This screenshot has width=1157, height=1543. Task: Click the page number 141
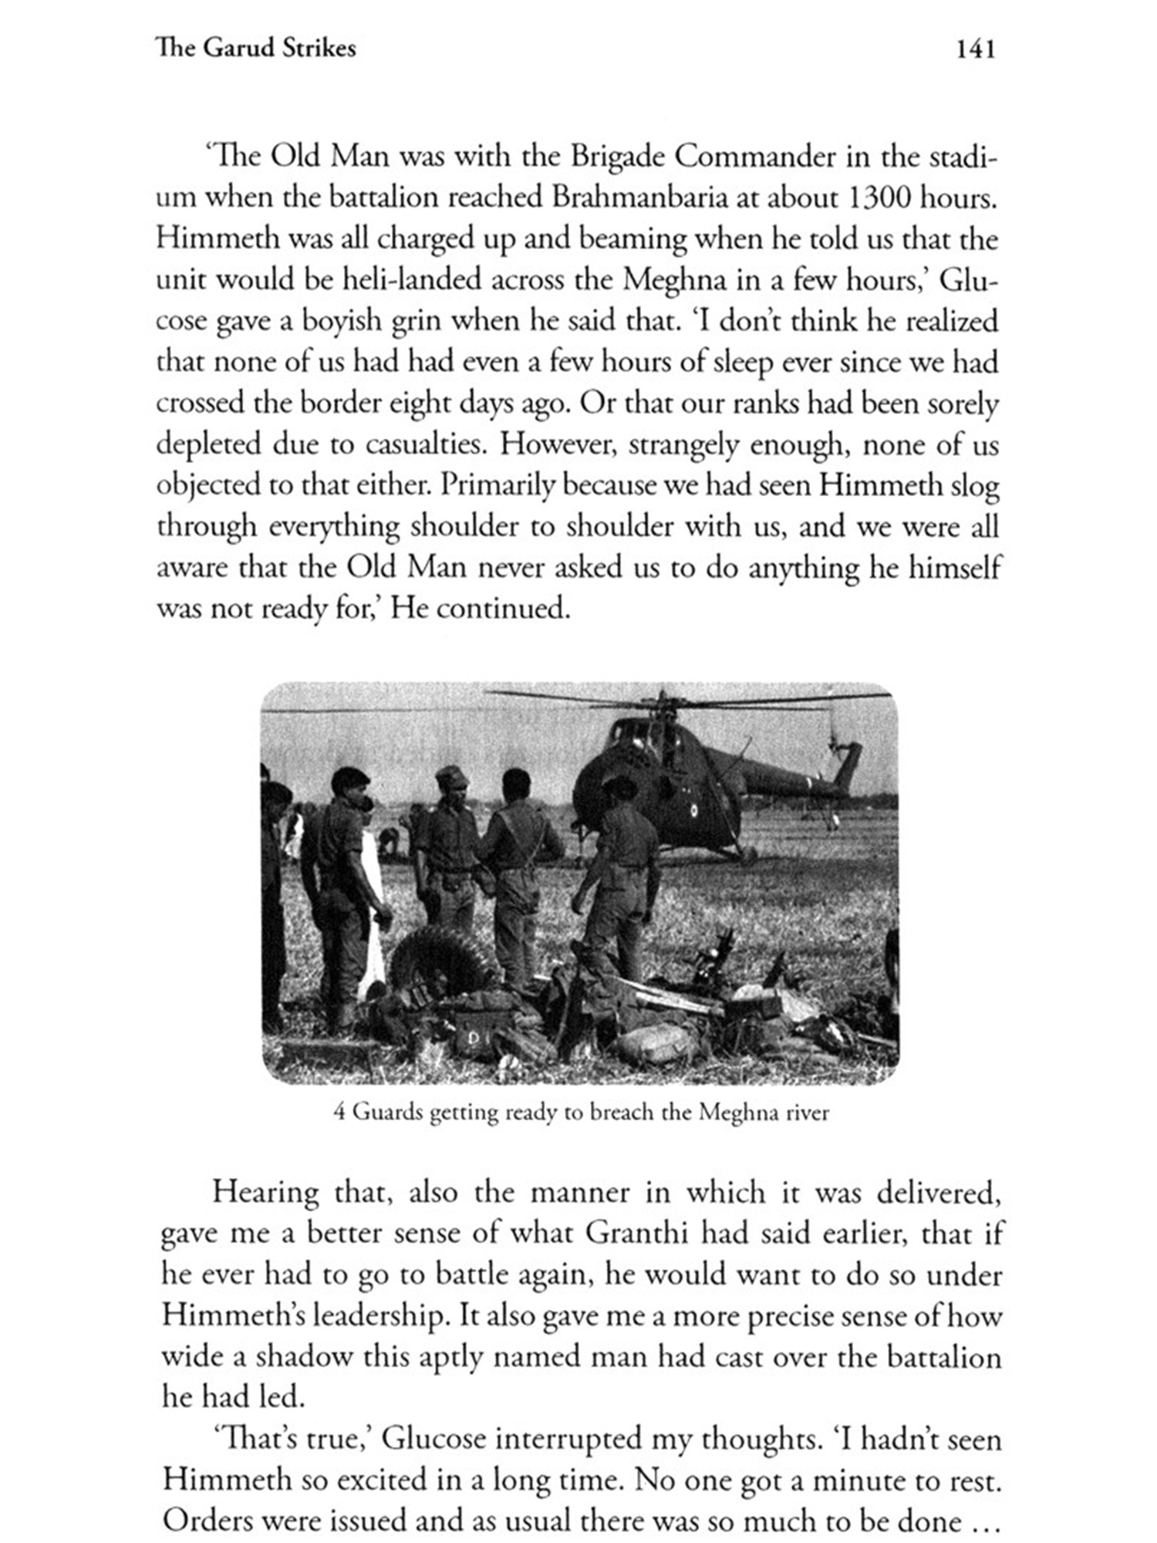coord(975,50)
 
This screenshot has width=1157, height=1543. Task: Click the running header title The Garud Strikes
coord(255,49)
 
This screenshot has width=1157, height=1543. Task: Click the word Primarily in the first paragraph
coord(492,486)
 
